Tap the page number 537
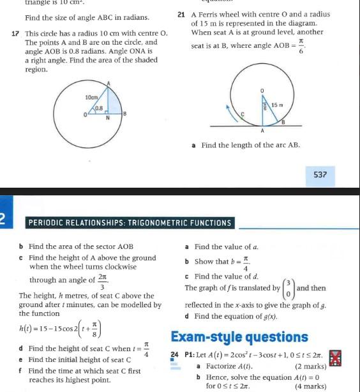pyautogui.click(x=320, y=174)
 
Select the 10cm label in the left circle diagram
pyautogui.click(x=91, y=97)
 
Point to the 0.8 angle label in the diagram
pyautogui.click(x=99, y=109)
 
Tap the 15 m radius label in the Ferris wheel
pyautogui.click(x=277, y=104)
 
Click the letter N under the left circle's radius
pyautogui.click(x=107, y=118)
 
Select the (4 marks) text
pyautogui.click(x=311, y=386)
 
